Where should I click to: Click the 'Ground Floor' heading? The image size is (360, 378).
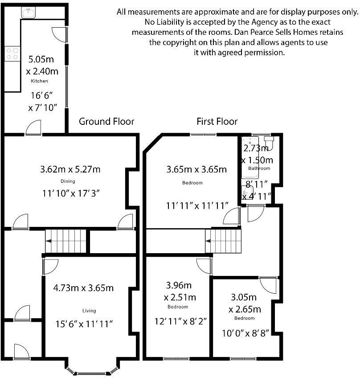pyautogui.click(x=106, y=121)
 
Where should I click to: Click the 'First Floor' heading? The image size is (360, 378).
pyautogui.click(x=217, y=121)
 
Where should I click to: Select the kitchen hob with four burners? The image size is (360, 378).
pyautogui.click(x=12, y=54)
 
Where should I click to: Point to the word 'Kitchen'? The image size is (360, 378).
pyautogui.click(x=39, y=81)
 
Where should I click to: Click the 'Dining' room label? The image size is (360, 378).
pyautogui.click(x=68, y=181)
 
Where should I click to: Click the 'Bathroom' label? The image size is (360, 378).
pyautogui.click(x=259, y=168)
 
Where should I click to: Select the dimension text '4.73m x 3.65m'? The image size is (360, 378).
pyautogui.click(x=83, y=288)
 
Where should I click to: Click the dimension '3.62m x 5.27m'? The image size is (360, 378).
pyautogui.click(x=70, y=169)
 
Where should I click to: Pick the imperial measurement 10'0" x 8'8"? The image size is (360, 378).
pyautogui.click(x=245, y=333)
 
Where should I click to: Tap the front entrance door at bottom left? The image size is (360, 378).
pyautogui.click(x=21, y=352)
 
